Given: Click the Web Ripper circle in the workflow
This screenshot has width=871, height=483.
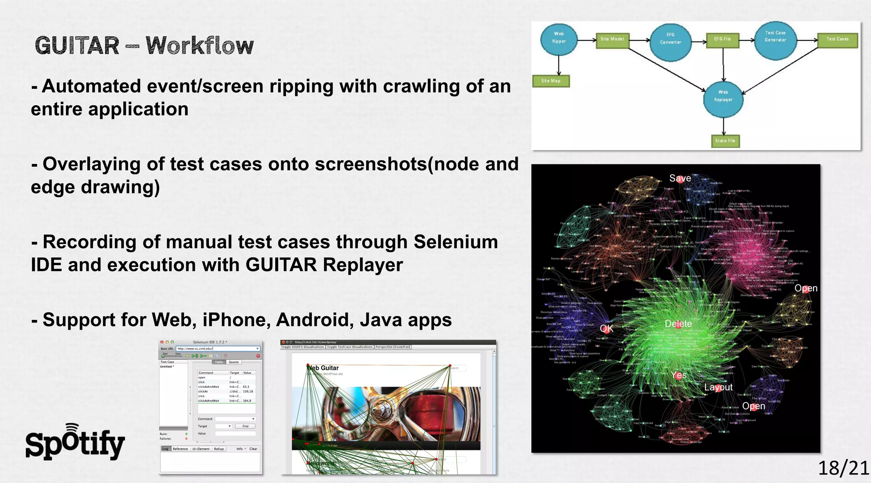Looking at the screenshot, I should click(x=559, y=37).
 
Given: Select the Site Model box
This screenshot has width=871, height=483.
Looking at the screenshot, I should click(x=612, y=39).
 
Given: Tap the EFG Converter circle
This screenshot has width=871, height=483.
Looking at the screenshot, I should click(x=670, y=39).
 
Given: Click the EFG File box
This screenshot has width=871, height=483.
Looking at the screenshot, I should click(x=722, y=39).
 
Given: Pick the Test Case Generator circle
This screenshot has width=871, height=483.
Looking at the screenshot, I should click(x=775, y=37).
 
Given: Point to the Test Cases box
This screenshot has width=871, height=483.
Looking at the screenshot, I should click(x=837, y=39).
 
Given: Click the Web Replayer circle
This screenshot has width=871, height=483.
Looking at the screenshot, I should click(x=723, y=96).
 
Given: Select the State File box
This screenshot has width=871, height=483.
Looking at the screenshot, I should click(x=725, y=141).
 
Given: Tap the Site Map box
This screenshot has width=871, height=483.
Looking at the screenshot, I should click(x=550, y=81).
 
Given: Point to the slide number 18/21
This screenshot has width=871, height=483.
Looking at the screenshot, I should click(x=843, y=468).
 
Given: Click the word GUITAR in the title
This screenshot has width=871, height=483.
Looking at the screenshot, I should click(x=77, y=45).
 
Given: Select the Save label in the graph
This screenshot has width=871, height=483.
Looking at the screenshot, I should click(x=680, y=178).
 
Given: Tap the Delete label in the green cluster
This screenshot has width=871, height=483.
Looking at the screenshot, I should click(x=678, y=324).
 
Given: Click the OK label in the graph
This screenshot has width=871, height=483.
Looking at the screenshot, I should click(x=606, y=328).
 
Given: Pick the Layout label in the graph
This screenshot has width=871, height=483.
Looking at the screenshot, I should click(x=718, y=387).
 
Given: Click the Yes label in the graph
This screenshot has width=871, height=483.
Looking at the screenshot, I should click(x=679, y=375).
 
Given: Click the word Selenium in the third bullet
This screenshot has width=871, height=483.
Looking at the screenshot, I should click(x=455, y=242).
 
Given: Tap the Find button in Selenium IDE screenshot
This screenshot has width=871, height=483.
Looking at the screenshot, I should click(x=245, y=426).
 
